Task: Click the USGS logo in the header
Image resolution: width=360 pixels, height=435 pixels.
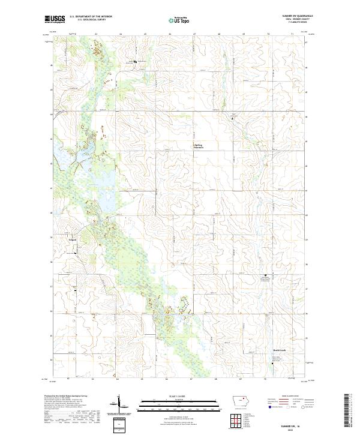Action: (x=55, y=20)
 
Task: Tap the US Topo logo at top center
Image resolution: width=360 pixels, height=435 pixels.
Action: (x=179, y=20)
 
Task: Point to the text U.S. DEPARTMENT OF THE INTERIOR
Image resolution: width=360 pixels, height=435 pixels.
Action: (x=91, y=17)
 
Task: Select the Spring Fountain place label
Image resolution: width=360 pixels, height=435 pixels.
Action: (x=199, y=146)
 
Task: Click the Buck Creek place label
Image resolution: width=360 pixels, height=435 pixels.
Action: (x=274, y=350)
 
